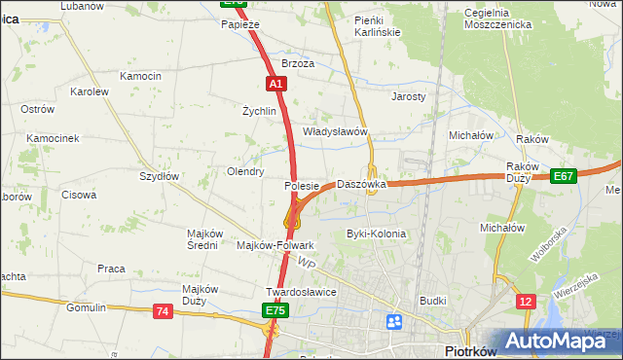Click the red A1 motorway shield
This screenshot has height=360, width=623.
coord(276,85)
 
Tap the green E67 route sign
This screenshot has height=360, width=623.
coord(563,176)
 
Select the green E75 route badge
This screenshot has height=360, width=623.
coord(274,310)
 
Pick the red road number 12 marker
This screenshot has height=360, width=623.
coord(526,302)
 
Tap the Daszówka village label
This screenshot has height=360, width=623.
coord(361,184)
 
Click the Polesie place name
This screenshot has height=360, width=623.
coord(302,186)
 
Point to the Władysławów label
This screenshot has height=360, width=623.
coord(334,131)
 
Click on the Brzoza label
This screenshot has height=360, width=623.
coord(298,63)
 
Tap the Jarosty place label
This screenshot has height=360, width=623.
coord(409,97)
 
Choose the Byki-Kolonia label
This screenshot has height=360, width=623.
coord(376,234)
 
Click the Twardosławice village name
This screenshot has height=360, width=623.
coord(301,292)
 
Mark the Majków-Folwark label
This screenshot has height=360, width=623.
coord(275,245)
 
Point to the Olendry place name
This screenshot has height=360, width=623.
coord(245,171)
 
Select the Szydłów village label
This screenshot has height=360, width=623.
coord(159,176)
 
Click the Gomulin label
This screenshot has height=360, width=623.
coord(86,307)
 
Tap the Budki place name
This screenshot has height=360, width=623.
coord(433,302)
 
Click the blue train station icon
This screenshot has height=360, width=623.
coord(394,321)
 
